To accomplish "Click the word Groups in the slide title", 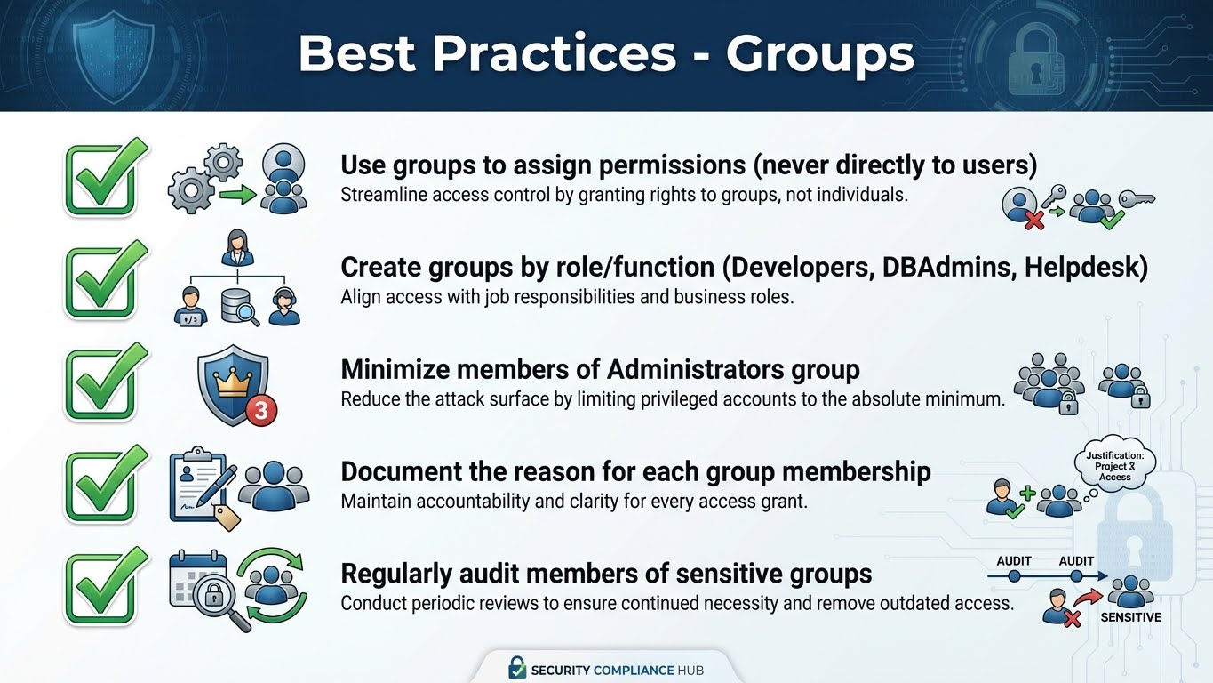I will coord(819,53).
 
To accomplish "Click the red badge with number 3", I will coord(260,410).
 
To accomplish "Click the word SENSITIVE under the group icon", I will coord(1130,617).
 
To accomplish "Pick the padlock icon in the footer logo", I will coord(516,668).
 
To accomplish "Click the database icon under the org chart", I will coord(236,307).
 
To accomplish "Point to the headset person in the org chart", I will coord(285,306).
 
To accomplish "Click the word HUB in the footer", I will coord(688,670).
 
